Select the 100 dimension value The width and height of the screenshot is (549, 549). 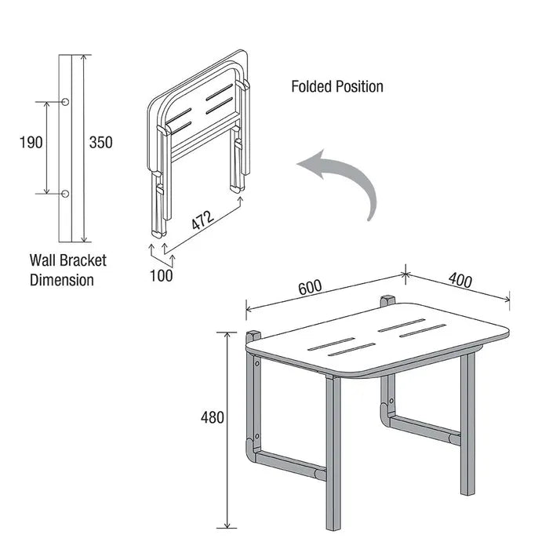(x=162, y=274)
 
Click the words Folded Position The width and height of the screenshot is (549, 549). (x=337, y=86)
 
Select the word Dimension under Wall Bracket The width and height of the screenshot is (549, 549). (x=62, y=279)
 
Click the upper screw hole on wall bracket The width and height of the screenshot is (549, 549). (x=66, y=102)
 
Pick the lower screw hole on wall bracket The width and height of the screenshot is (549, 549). (x=66, y=193)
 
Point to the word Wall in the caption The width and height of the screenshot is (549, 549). (x=44, y=260)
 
